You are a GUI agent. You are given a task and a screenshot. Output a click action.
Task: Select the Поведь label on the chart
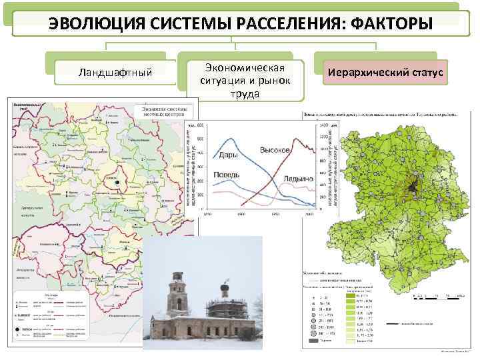227,175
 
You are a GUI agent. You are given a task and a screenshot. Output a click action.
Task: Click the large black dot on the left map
117,182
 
